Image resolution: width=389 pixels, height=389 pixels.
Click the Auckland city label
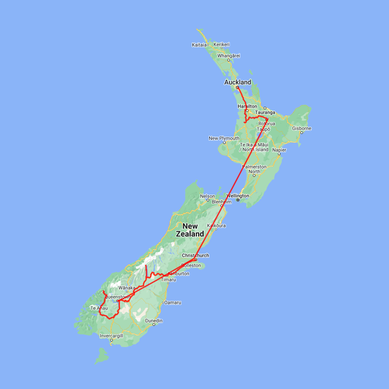point(237,82)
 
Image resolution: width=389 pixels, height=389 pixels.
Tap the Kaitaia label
point(199,45)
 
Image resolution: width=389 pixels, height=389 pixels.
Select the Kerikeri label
point(221,45)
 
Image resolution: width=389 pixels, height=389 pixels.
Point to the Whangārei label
point(228,55)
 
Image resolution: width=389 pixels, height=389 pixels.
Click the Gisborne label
point(301,128)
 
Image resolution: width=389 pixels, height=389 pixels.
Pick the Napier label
point(279,150)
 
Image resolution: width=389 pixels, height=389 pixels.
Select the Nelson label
point(207,196)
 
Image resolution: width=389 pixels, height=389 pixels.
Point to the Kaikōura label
point(217,226)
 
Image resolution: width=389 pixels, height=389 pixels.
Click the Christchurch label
point(195,255)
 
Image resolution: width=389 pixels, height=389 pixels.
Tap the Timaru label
point(168,280)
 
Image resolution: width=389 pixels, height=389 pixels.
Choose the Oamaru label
point(172,303)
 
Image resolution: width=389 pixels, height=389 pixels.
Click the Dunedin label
point(154,321)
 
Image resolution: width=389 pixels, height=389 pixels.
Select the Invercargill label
point(112,336)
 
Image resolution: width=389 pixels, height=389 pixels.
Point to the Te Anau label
point(99,308)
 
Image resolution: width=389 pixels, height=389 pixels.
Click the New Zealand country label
point(190,230)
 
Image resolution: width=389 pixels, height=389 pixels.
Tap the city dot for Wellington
point(238,200)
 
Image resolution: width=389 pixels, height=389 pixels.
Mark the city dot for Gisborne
point(301,132)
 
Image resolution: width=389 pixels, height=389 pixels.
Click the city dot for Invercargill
point(112,340)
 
